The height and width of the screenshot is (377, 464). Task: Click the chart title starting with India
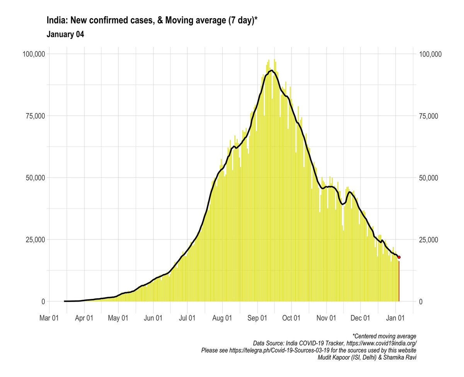pos(152,20)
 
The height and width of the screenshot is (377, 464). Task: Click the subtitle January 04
pos(65,34)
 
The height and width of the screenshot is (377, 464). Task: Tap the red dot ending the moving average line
pos(399,257)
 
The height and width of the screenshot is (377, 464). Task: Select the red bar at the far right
pos(399,280)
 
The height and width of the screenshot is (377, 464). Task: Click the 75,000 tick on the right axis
pos(430,116)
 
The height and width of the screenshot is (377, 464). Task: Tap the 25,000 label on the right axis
pos(430,240)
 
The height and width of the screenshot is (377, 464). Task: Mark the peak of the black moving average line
pos(272,70)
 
